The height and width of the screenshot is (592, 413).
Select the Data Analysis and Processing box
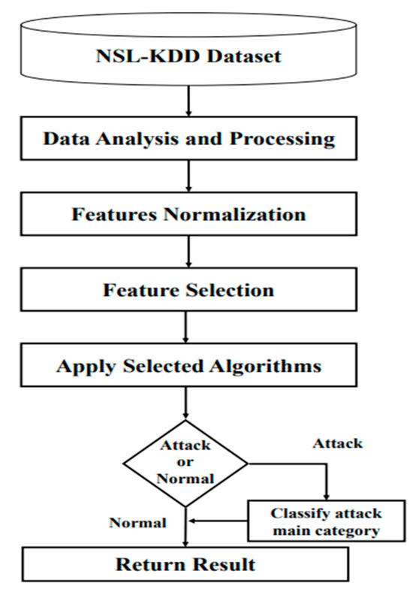click(188, 139)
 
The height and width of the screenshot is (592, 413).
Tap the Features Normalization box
click(188, 214)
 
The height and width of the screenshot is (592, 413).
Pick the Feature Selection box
click(188, 290)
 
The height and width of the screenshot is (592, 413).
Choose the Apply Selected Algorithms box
click(188, 367)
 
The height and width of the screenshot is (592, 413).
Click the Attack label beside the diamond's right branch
click(337, 443)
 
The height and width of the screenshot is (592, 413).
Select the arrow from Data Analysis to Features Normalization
click(188, 177)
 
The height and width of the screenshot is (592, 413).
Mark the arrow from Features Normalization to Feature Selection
click(188, 252)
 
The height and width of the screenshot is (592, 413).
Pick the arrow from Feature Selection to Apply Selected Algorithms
click(188, 328)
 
